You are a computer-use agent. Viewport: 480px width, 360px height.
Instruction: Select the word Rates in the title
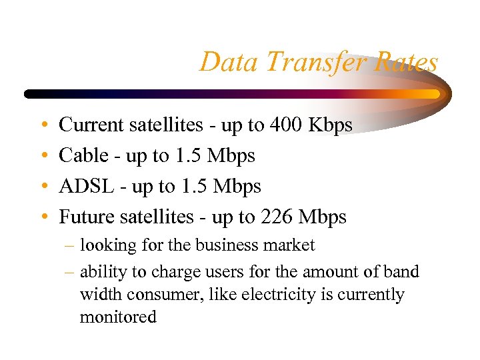click(x=405, y=63)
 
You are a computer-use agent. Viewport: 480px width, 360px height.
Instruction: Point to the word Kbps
click(x=331, y=125)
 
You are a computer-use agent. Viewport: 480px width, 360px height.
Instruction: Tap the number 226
click(x=277, y=217)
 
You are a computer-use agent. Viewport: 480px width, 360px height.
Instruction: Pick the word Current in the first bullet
click(x=91, y=125)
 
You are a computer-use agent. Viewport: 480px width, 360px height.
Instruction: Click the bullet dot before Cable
click(x=43, y=157)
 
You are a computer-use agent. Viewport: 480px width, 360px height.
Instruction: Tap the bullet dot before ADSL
click(x=43, y=187)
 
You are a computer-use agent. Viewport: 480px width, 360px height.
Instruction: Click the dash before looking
click(x=70, y=246)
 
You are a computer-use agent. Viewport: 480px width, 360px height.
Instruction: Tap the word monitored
click(x=118, y=317)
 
